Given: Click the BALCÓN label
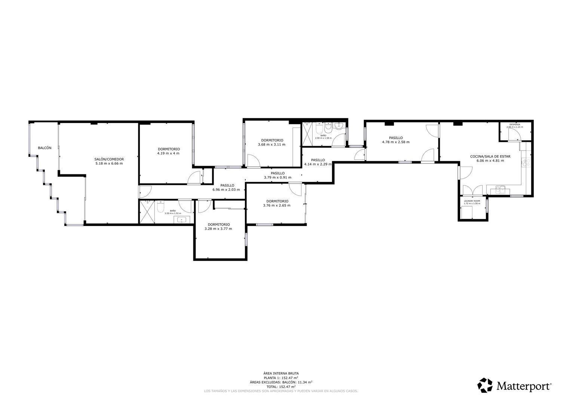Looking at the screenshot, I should point(45,148).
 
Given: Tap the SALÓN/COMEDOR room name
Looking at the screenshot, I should point(109,159).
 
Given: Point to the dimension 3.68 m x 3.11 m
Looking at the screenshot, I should point(272,144).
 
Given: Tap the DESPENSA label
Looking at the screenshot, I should point(515,124).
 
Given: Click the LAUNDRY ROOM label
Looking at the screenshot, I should point(472,201).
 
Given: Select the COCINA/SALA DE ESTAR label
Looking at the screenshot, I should point(490,156).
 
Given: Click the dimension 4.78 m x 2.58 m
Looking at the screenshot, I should point(396,142).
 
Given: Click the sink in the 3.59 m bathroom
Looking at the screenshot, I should point(183,220).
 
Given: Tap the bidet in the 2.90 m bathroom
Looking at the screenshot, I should point(328,128).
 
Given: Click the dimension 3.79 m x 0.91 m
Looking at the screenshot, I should point(278,177).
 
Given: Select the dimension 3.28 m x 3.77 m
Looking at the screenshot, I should point(219,229).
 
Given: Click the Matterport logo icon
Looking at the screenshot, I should point(485,385).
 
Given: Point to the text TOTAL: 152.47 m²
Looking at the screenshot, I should point(281,387).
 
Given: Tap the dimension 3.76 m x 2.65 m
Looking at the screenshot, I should point(276,205).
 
